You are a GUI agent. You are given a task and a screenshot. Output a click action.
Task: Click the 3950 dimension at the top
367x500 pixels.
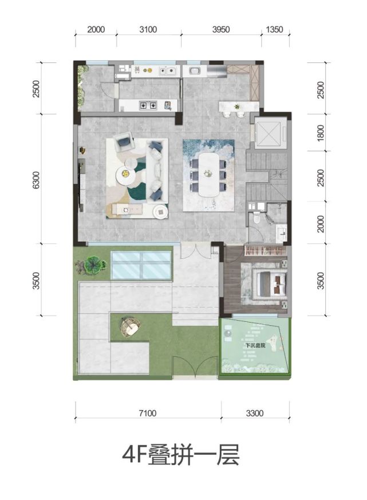(x=220, y=30)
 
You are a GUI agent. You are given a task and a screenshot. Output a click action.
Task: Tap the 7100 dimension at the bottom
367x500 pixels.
(x=148, y=414)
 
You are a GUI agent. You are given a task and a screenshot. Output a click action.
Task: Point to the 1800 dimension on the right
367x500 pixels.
(x=321, y=133)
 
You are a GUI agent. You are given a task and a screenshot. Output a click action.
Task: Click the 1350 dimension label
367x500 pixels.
(x=274, y=30)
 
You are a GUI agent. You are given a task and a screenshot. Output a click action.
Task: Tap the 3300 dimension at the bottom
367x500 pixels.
(x=255, y=414)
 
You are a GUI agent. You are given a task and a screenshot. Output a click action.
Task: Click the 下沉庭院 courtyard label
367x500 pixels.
(x=255, y=345)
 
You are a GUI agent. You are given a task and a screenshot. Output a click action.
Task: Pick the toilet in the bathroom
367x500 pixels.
(x=256, y=218)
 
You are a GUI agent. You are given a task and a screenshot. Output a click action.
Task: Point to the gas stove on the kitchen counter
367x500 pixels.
(x=148, y=105)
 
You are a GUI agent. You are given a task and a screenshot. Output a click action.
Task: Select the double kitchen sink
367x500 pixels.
(x=167, y=71)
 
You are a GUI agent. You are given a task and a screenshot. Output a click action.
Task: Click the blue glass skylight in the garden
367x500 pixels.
(x=141, y=265)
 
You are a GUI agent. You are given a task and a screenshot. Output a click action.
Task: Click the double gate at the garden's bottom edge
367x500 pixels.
(x=195, y=368)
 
